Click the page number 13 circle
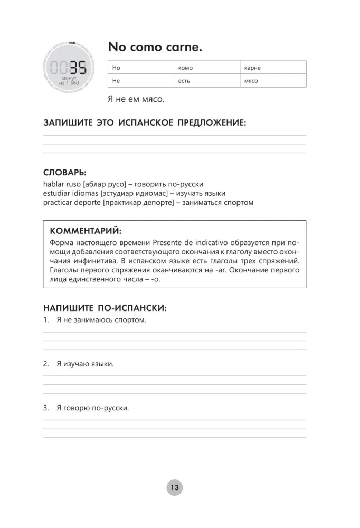click(x=174, y=487)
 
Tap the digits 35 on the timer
click(x=77, y=68)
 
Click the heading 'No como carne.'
click(x=155, y=47)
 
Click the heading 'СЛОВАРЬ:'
click(x=65, y=173)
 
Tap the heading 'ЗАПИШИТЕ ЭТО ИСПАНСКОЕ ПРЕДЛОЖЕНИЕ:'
click(x=145, y=123)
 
